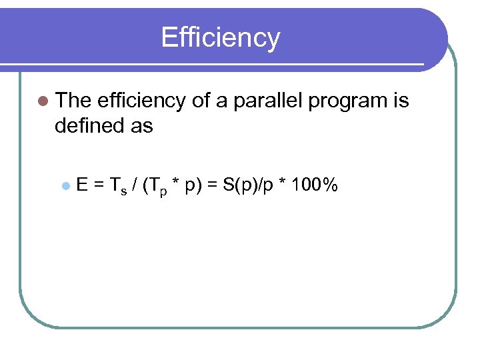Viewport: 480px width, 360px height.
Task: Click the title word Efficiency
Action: pos(220,38)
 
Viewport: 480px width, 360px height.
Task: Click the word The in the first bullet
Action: pos(73,101)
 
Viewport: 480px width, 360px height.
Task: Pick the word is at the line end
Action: pos(401,101)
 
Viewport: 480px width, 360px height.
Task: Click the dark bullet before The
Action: pos(43,101)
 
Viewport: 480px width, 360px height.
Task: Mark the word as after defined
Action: pos(142,125)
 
